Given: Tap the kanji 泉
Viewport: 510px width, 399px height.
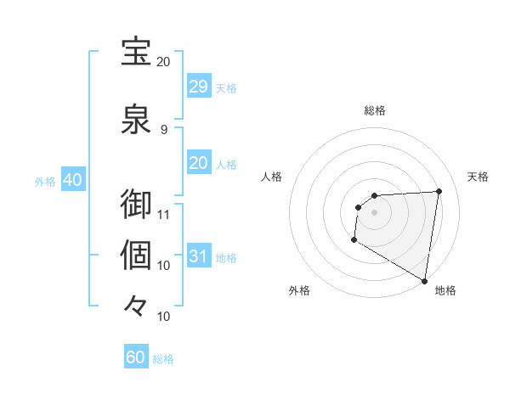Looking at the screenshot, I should (137, 119).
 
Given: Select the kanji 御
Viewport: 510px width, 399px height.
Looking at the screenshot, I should (137, 205).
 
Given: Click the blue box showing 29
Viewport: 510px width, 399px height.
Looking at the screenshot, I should (198, 87).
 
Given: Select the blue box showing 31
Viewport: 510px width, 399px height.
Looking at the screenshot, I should (198, 256).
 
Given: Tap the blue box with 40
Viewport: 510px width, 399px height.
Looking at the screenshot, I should (72, 180).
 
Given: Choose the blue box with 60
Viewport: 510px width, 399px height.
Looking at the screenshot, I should (136, 357).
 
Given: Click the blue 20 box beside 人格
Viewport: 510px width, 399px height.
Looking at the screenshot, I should (198, 163).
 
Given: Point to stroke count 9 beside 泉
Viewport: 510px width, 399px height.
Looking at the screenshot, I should (164, 129).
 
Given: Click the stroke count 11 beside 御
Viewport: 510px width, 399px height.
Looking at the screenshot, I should (164, 214).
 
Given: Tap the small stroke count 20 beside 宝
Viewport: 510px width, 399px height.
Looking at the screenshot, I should (164, 61).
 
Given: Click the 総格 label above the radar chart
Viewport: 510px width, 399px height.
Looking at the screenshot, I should (375, 110).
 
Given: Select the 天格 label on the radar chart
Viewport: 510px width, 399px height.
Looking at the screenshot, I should (478, 177).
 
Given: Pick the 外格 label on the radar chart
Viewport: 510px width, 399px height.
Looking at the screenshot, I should (299, 290).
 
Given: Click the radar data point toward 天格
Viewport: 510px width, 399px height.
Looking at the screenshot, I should (439, 191).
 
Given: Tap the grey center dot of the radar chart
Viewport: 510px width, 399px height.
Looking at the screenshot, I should (374, 212).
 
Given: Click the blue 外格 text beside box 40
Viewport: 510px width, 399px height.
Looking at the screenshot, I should (45, 181).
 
